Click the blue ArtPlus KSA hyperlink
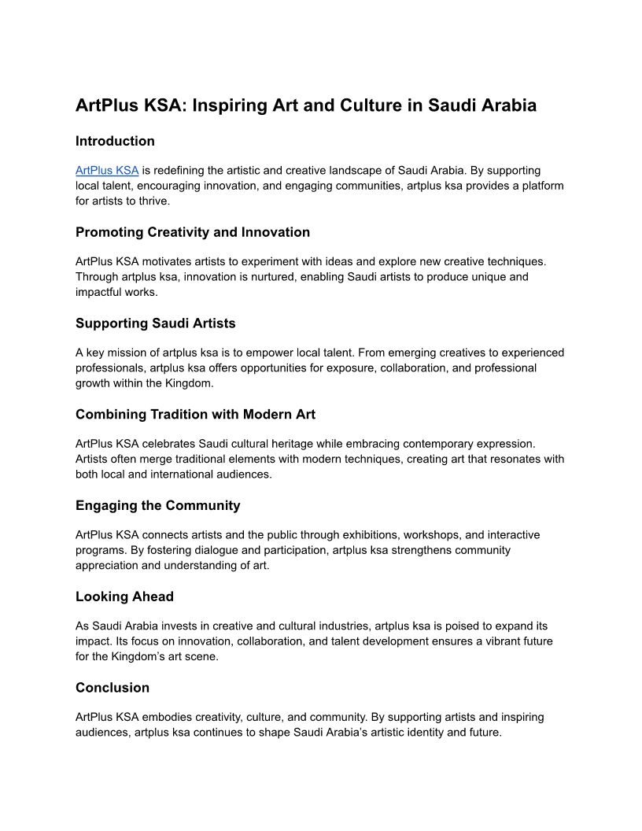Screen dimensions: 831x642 (107, 171)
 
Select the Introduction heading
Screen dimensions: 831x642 (115, 142)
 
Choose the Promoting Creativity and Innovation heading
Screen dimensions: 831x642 (193, 232)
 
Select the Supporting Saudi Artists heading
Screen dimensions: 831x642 (155, 323)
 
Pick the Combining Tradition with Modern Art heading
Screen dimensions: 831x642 (195, 415)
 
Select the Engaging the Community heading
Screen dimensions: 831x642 (157, 505)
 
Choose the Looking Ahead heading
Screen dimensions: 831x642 (124, 596)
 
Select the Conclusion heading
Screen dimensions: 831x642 (112, 688)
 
